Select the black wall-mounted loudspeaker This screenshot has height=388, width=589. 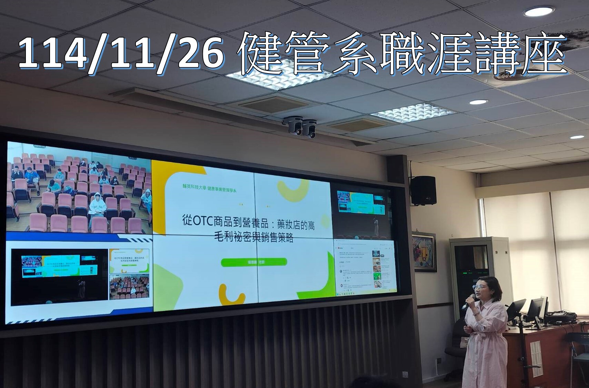tap(423, 190)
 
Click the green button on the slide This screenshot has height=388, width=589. tap(254, 262)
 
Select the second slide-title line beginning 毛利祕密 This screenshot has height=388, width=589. tap(253, 238)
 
